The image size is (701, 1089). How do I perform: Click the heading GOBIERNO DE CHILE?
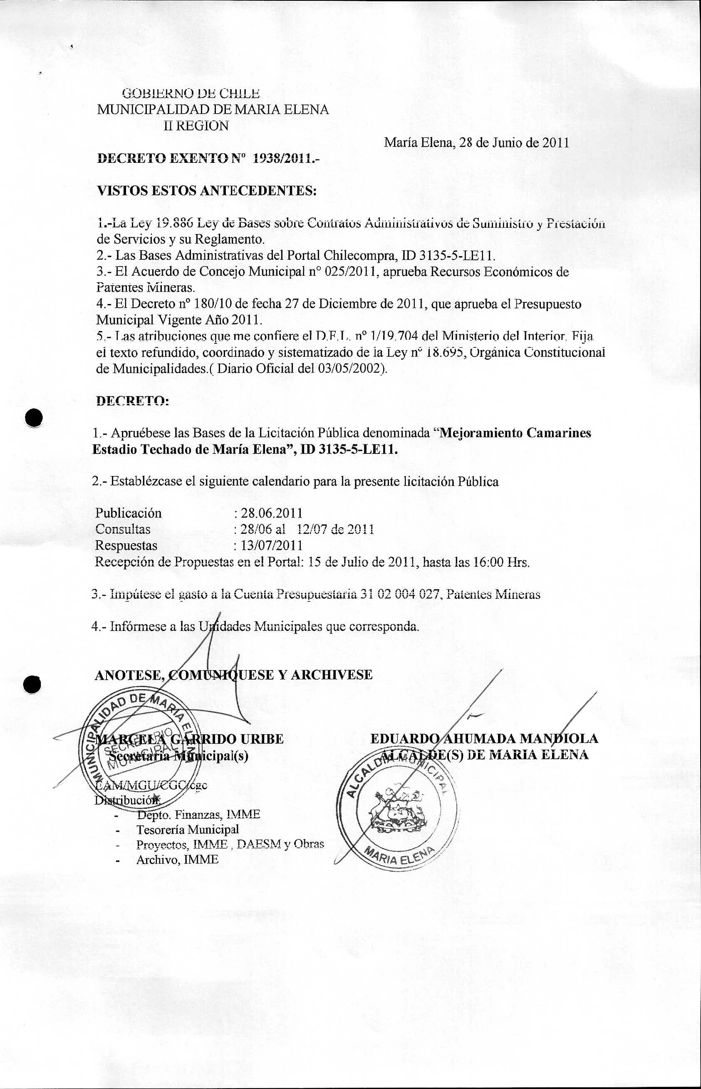(192, 93)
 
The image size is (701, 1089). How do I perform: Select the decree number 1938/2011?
(282, 159)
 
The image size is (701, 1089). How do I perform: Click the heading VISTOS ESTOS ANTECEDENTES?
(207, 190)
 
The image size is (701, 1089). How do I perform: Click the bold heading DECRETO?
(132, 401)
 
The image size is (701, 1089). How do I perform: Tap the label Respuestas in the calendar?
(126, 546)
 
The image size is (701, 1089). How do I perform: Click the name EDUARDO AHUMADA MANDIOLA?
(484, 738)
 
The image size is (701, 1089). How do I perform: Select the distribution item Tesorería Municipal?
(188, 829)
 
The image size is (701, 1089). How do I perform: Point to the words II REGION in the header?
(196, 126)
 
